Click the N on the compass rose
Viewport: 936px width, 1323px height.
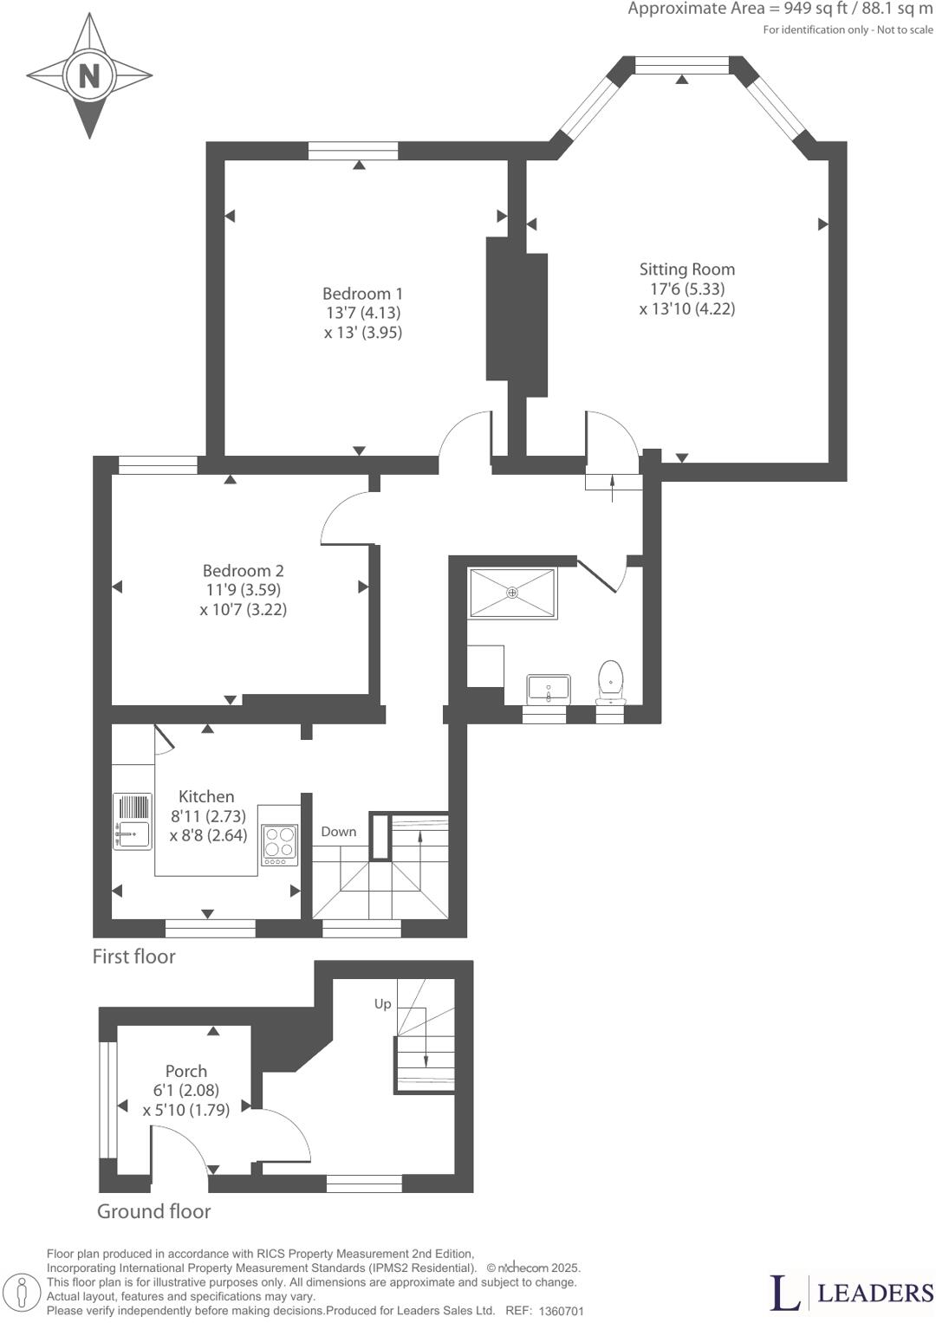pos(88,77)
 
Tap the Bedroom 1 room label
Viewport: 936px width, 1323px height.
pos(362,294)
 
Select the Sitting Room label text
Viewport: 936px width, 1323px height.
pos(687,269)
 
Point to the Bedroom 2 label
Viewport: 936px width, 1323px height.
pos(243,571)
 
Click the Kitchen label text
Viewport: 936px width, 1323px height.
pos(206,796)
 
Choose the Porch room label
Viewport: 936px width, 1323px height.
pos(186,1071)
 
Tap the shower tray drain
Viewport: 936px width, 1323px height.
pos(512,593)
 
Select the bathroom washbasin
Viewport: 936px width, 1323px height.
pos(548,688)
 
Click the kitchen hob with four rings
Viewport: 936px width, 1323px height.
pos(280,843)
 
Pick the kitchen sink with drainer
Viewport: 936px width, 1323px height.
pos(131,820)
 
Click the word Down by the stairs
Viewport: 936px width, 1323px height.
pos(339,832)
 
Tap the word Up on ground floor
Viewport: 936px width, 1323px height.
pos(383,1004)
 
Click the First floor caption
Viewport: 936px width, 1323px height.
pos(134,957)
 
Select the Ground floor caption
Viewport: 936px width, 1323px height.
pos(153,1211)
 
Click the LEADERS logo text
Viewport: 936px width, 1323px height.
pos(875,1294)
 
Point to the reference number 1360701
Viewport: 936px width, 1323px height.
pos(562,1312)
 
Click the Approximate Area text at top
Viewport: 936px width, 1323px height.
pos(780,10)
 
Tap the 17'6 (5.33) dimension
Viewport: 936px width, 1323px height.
pos(687,289)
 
